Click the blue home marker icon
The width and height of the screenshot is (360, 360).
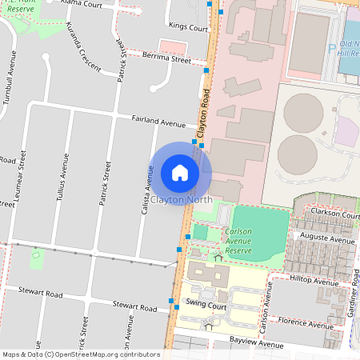coord(180,173)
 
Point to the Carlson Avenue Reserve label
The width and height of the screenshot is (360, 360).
coord(238,241)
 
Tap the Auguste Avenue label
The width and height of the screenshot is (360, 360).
coord(325,239)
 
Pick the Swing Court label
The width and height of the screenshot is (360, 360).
coord(207,305)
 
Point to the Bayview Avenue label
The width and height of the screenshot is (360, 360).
coord(256,346)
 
